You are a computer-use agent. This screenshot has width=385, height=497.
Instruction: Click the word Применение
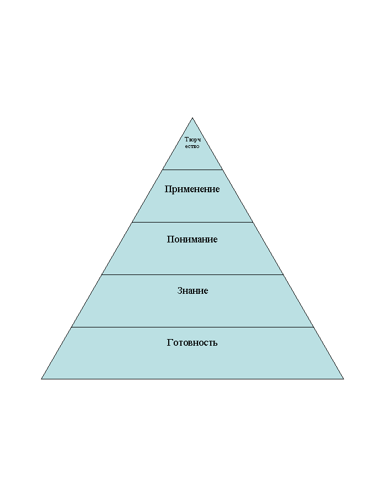point(192,189)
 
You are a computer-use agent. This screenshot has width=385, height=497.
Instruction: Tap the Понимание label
point(192,239)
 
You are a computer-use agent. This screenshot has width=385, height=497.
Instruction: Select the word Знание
point(192,290)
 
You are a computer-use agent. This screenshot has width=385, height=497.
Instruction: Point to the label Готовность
point(192,342)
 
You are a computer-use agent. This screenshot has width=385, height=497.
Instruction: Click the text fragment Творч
point(192,140)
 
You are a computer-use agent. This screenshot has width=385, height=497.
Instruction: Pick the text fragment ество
point(192,146)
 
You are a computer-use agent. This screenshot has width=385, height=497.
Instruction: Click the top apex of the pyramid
point(192,118)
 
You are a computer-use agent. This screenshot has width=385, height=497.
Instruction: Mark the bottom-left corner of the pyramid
point(41,379)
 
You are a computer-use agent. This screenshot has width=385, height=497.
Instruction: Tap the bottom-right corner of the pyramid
point(344,379)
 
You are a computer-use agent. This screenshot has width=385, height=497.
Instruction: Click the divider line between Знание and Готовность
point(192,327)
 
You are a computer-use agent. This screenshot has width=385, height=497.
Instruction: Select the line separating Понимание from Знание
point(192,275)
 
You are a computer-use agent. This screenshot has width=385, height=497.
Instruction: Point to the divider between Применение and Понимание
point(192,222)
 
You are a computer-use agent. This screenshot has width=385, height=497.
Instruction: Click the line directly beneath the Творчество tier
point(192,170)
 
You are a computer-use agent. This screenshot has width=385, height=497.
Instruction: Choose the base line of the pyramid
point(192,379)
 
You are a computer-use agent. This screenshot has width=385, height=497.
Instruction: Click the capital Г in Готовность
point(169,342)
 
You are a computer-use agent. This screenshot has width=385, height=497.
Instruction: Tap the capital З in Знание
point(180,290)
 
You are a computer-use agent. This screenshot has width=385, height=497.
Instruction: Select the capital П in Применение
point(168,189)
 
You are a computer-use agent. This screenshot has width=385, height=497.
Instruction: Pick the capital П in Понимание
point(170,239)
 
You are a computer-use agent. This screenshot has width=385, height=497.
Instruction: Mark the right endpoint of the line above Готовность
point(314,327)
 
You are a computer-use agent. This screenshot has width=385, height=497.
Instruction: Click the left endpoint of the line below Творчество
point(162,170)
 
